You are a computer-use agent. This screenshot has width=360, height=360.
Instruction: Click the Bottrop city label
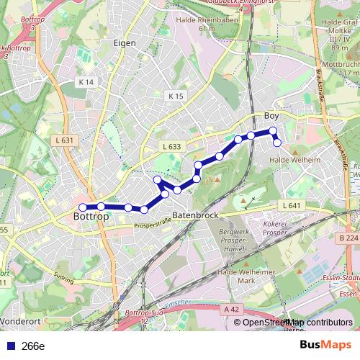click(x=91, y=215)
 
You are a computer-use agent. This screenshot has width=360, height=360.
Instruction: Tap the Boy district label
click(x=271, y=116)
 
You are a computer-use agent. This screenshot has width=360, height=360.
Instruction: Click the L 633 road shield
click(x=171, y=146)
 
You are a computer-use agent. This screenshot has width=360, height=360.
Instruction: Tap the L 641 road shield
click(x=291, y=205)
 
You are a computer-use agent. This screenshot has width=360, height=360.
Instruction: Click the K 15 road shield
click(x=176, y=96)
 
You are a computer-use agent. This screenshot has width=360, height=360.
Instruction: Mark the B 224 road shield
click(x=348, y=237)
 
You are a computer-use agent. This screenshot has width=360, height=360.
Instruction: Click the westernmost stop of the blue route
click(x=83, y=207)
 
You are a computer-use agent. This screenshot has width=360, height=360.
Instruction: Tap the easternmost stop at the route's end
click(x=276, y=143)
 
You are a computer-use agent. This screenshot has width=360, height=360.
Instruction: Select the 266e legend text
click(x=33, y=346)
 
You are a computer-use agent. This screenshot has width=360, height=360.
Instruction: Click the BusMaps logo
click(x=325, y=345)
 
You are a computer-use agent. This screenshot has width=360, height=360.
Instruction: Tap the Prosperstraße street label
click(x=152, y=225)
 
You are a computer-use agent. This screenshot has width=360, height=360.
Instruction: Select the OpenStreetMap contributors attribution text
click(x=298, y=323)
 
